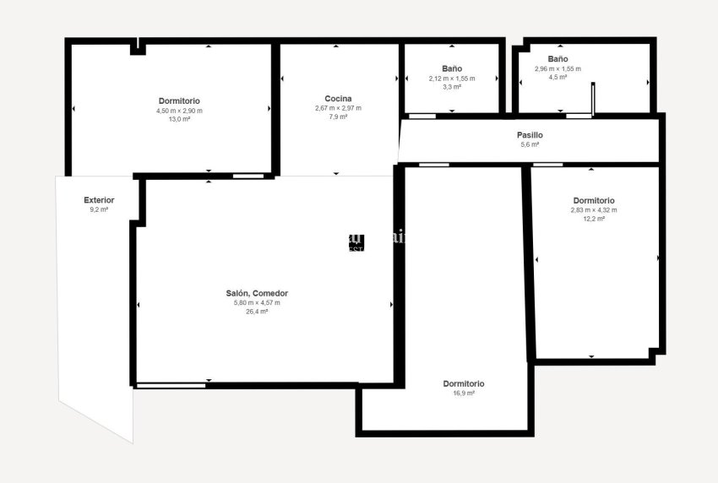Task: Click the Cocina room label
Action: point(338,99)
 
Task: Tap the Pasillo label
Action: point(530,135)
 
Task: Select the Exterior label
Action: point(99,200)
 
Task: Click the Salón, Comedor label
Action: point(263,293)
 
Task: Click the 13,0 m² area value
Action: point(179,119)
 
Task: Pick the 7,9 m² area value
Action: point(338,117)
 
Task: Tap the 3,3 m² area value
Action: point(452,87)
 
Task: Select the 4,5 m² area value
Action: point(558,77)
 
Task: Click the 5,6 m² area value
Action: point(530,144)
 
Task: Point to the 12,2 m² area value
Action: point(594,219)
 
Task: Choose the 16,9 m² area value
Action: point(464,393)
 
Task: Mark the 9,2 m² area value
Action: point(99,209)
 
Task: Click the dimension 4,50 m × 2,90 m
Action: point(179,111)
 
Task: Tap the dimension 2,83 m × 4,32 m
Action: point(594,210)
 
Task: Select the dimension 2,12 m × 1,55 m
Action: point(452,79)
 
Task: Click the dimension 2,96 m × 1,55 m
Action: point(558,68)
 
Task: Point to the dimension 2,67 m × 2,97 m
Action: point(338,108)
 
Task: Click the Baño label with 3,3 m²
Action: point(452,68)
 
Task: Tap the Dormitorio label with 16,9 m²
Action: point(464,383)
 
